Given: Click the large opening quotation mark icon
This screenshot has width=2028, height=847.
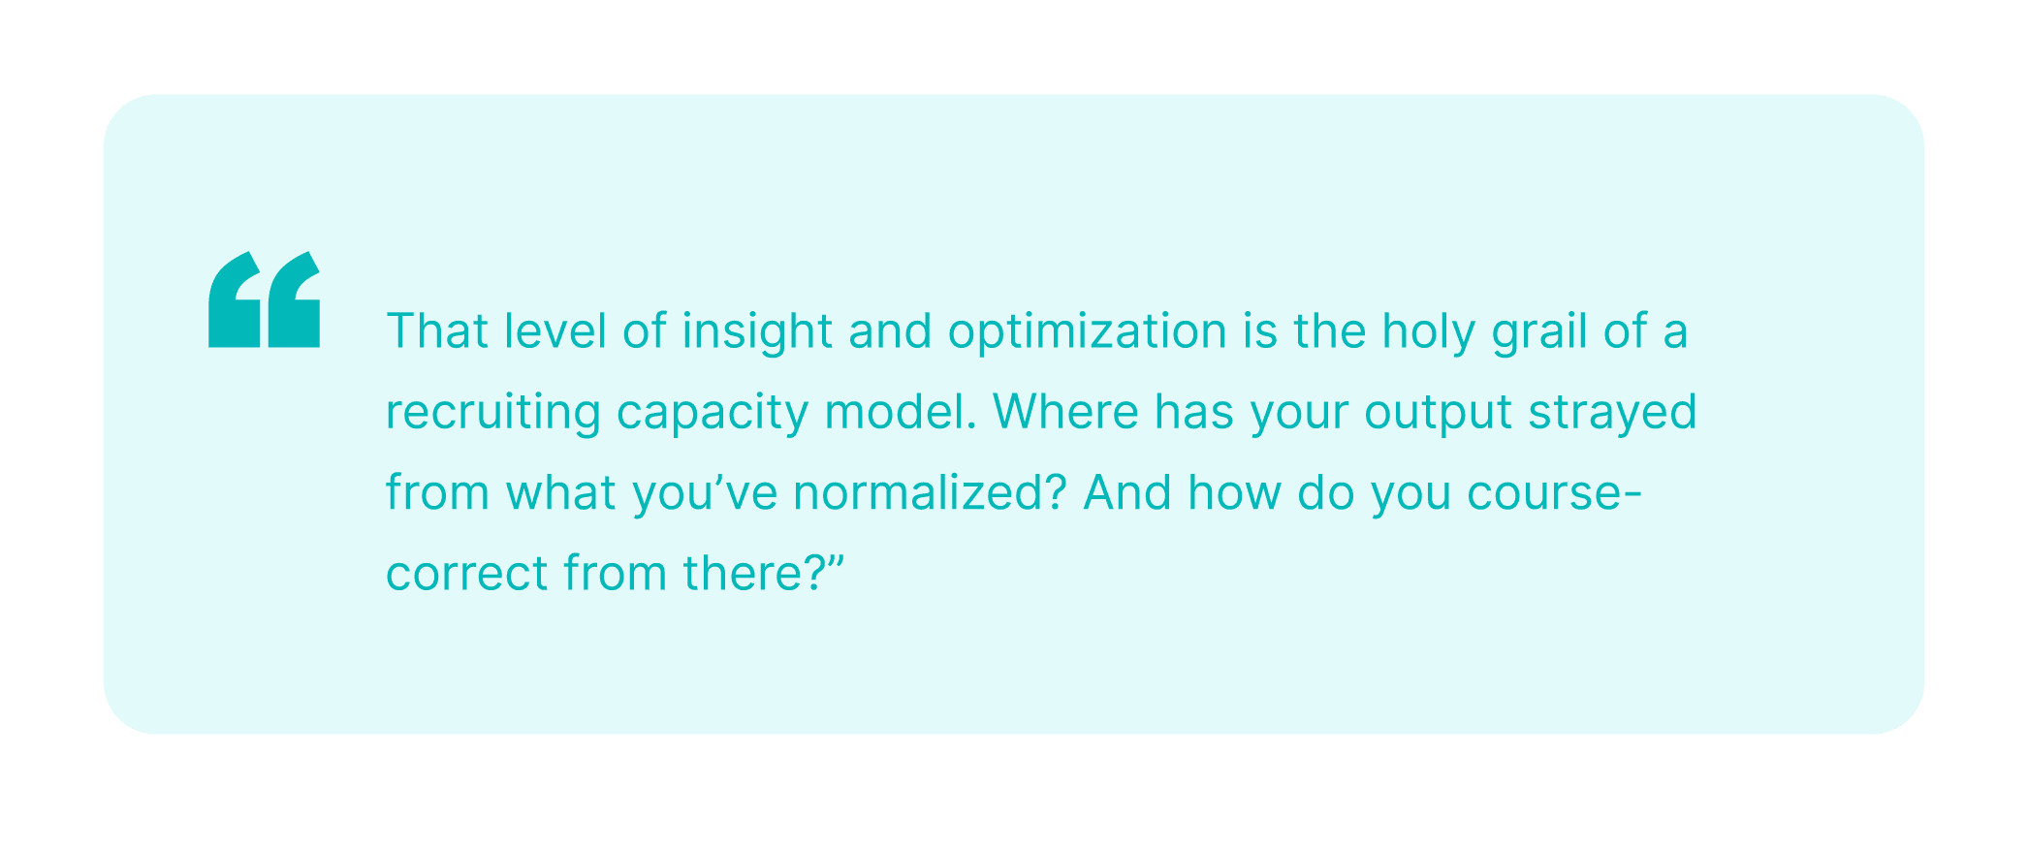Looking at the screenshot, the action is click(264, 299).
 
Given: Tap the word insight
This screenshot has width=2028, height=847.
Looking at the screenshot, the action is click(758, 332).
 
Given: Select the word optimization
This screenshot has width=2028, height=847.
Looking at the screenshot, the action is click(1088, 332).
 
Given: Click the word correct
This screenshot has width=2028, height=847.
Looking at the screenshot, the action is click(467, 574).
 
